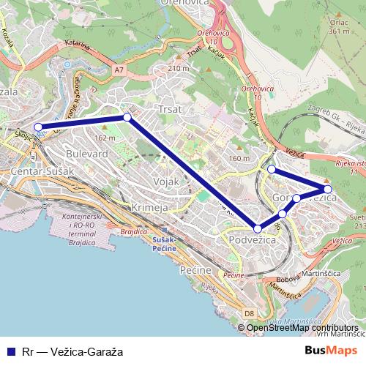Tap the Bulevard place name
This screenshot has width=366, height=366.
[86, 154]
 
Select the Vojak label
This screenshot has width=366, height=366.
[166, 181]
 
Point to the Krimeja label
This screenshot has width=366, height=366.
[149, 208]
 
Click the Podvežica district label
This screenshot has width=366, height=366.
[252, 240]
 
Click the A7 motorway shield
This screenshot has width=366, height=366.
[119, 70]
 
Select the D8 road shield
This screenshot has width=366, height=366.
[250, 314]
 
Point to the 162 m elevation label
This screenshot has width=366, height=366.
[105, 138]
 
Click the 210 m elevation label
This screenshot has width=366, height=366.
[178, 68]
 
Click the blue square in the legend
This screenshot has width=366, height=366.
[10, 351]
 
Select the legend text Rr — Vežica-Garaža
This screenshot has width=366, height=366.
[72, 351]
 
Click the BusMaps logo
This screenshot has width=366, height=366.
[331, 351]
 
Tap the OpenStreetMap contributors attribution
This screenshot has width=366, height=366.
[302, 327]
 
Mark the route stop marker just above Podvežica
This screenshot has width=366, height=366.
[257, 228]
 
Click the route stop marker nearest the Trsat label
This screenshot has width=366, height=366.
[127, 117]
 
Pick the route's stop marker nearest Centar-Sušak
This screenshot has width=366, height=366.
[38, 127]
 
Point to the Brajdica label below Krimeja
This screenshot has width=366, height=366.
[135, 231]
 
